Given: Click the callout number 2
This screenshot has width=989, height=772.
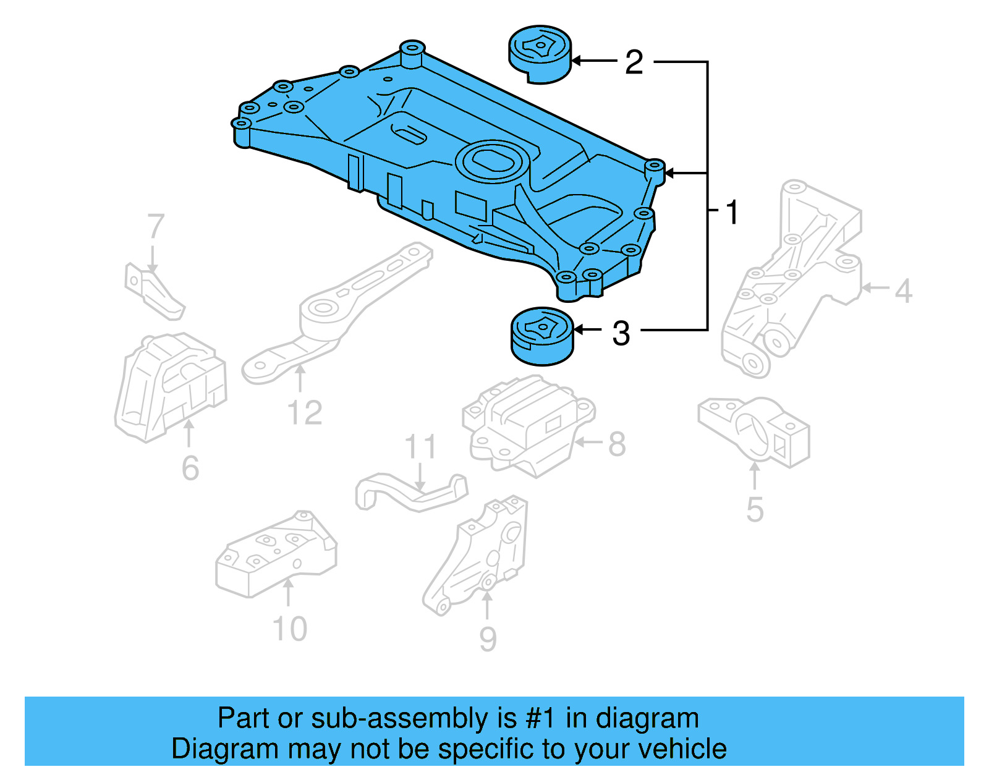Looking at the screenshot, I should tap(634, 62).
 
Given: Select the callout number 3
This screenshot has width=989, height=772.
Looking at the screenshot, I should tap(621, 333).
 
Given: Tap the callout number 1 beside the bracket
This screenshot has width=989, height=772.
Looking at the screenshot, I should tap(731, 212).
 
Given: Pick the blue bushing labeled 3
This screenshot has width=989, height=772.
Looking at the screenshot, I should tap(542, 337).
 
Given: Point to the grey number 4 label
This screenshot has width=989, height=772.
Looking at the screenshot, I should tap(903, 291).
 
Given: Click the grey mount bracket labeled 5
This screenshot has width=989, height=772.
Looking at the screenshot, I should tap(754, 431).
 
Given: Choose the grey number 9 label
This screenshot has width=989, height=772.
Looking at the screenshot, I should tap(488, 639).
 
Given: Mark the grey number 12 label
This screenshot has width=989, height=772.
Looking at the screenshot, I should tap(305, 413).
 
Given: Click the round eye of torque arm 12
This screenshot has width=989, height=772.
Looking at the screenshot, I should tap(322, 308).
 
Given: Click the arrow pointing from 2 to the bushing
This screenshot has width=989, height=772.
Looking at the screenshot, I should tap(593, 61).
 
